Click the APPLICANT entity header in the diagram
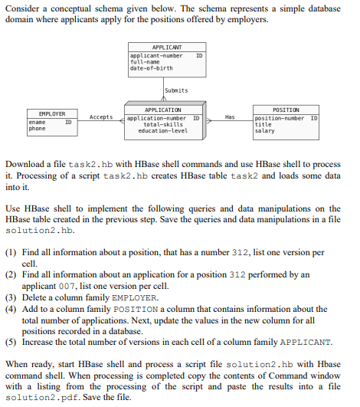click(x=167, y=48)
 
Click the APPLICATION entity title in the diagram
click(x=162, y=110)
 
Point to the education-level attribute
click(x=162, y=130)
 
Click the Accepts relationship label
click(x=101, y=117)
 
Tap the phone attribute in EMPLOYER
click(x=38, y=128)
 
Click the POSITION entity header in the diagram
click(x=286, y=110)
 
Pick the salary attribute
click(x=264, y=131)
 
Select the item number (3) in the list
click(x=12, y=297)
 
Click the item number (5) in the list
click(x=12, y=342)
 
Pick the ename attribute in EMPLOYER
click(x=37, y=122)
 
